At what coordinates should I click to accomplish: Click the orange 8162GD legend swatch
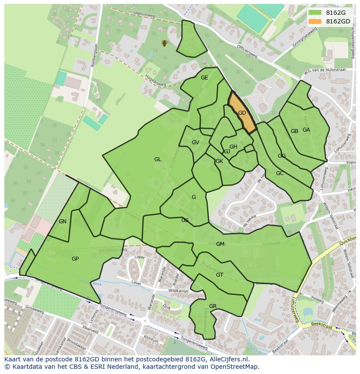point(315,21)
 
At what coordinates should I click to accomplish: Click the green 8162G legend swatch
point(315,13)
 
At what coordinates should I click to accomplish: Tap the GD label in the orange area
point(242,113)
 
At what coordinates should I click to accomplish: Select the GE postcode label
point(204,78)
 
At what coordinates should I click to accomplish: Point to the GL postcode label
point(158,159)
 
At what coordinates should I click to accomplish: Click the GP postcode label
point(75,259)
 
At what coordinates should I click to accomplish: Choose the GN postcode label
point(63,222)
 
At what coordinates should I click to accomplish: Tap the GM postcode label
point(220,244)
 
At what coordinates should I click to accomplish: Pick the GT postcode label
point(220,275)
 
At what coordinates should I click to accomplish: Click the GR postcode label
point(213,306)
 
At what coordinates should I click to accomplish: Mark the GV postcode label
point(195,142)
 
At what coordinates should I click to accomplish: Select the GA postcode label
point(307,130)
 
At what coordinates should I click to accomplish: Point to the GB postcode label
point(294,131)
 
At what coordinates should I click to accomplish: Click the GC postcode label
point(280,173)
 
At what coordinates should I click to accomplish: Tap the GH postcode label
point(233,147)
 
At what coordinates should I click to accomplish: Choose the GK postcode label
point(219,161)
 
